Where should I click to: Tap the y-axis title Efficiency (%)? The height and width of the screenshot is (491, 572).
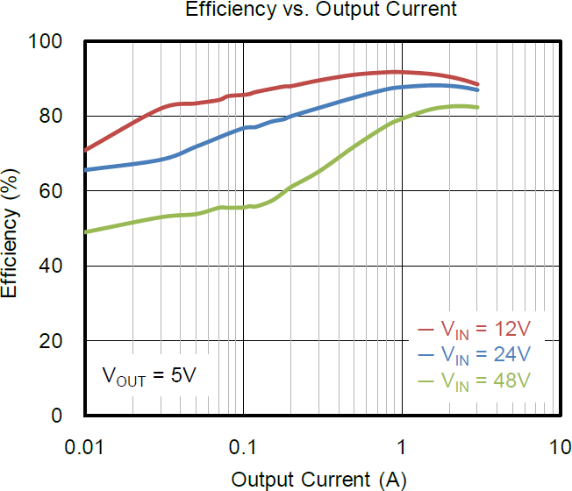11,228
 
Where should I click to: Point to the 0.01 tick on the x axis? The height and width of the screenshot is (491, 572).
85,446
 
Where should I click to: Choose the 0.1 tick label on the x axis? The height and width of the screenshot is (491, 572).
243,446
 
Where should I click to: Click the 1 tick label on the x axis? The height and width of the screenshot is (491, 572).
402,446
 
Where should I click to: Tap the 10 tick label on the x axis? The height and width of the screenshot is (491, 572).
559,446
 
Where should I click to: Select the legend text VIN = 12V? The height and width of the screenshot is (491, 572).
485,331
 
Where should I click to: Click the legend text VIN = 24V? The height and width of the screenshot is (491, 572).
485,355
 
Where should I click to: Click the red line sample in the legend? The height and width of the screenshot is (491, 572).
427,331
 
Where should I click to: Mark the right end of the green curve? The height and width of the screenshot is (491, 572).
477,107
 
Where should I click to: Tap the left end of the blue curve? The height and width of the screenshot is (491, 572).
85,169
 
